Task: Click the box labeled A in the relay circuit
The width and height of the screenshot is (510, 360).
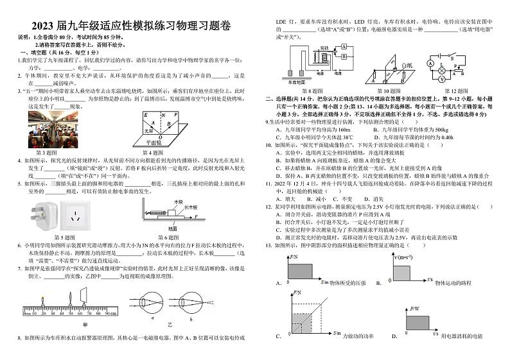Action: click(344, 47)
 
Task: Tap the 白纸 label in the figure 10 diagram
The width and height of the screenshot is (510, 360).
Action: click(406, 65)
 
